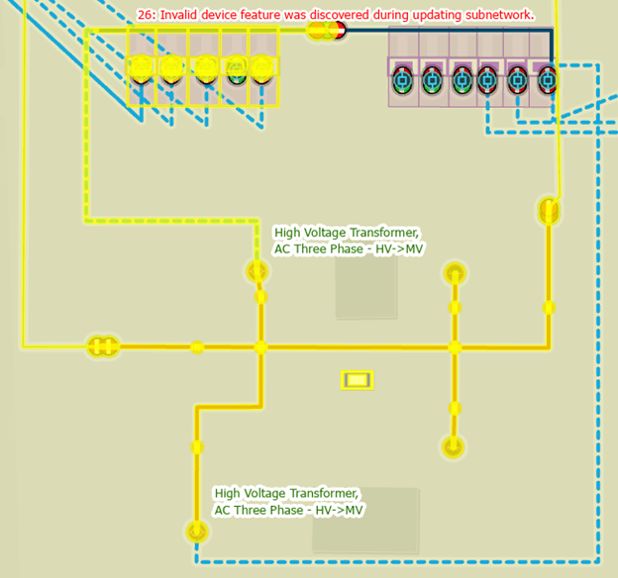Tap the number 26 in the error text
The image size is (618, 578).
coord(144,16)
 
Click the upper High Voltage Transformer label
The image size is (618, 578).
coord(348,241)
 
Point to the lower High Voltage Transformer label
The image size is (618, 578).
coord(288,501)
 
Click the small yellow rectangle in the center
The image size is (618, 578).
coord(357,379)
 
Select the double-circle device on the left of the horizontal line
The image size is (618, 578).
coord(102,346)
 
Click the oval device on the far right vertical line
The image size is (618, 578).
coord(549,211)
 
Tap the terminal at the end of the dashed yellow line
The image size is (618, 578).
coord(257,270)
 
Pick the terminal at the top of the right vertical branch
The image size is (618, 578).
coord(455,272)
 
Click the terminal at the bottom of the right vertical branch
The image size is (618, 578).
coord(453,446)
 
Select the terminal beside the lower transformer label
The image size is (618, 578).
coord(197,532)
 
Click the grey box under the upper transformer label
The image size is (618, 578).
coord(365,287)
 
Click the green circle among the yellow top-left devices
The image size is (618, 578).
coord(237,69)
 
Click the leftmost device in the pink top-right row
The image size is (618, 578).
coord(403,80)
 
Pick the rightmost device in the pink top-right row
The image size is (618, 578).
coord(546,80)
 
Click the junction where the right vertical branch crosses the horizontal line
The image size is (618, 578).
coord(455,347)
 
